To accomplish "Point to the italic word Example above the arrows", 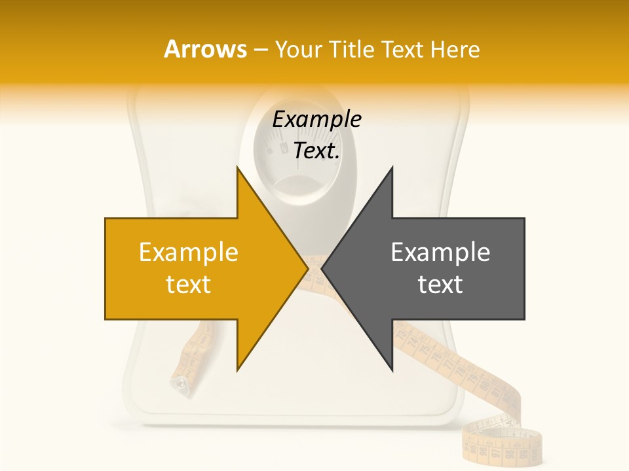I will click(316, 120).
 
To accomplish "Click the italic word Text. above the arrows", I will click(316, 151).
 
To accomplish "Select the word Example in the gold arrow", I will click(188, 252).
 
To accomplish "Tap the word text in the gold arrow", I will click(188, 285).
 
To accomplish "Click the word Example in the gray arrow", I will click(440, 252).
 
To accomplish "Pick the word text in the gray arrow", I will click(440, 285).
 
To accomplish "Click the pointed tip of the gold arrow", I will click(307, 268).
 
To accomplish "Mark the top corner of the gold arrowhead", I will click(237, 167).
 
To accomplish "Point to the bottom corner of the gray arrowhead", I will click(392, 370).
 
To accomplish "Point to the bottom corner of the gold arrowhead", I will click(237, 370).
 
